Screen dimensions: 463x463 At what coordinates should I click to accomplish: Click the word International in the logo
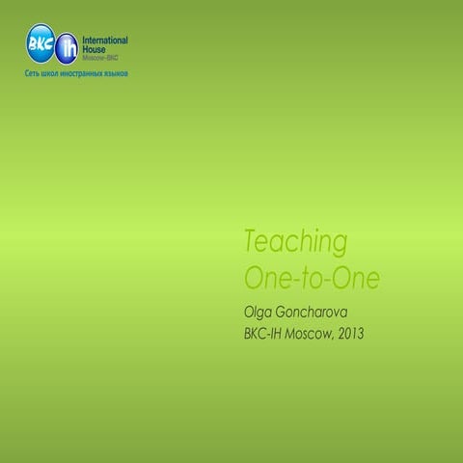(x=104, y=41)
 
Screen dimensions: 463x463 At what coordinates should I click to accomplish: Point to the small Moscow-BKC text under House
(x=100, y=57)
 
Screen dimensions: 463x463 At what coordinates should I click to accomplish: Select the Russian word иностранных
(x=86, y=73)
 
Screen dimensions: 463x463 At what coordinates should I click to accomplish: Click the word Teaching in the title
(x=296, y=241)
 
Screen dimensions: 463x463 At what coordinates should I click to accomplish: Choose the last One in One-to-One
(x=356, y=278)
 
